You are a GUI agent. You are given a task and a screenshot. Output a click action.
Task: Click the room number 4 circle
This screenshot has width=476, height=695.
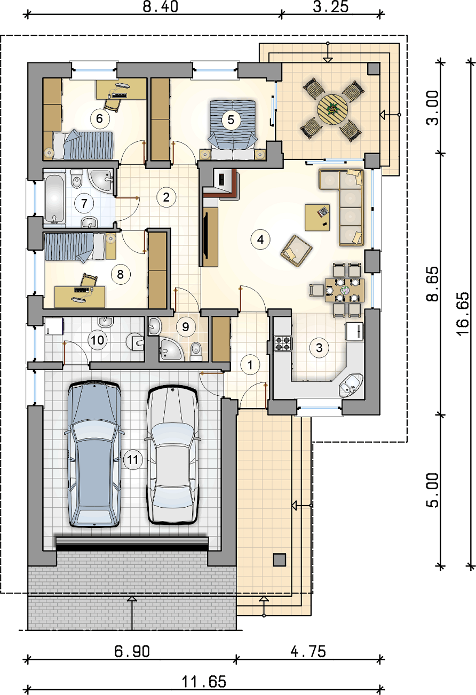click(x=260, y=239)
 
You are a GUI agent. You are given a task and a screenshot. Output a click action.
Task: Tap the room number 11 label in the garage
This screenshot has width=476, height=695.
click(x=132, y=459)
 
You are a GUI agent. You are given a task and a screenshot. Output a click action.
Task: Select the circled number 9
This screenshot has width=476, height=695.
click(x=186, y=327)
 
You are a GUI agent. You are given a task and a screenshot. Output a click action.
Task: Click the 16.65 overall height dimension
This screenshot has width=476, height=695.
click(x=463, y=314)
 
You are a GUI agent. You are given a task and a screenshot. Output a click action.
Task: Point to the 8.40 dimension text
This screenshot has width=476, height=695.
click(x=160, y=7)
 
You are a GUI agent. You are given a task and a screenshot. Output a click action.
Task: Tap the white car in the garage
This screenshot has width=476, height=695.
click(x=172, y=455)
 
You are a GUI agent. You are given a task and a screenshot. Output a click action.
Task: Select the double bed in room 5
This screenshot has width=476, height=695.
click(x=233, y=130)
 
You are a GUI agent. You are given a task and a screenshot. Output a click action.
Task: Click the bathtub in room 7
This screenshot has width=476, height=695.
click(x=54, y=198)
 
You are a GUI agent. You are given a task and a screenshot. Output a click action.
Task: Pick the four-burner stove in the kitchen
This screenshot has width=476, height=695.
click(x=283, y=343)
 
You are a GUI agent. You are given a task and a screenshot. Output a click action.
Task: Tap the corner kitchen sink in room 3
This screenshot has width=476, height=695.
click(x=351, y=385)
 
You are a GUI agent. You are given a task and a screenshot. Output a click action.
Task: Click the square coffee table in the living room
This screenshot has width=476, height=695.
click(x=317, y=218)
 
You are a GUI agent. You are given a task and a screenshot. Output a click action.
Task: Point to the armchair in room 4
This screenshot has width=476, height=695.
click(x=296, y=251)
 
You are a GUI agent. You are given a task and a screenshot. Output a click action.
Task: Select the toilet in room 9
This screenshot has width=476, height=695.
click(x=196, y=352)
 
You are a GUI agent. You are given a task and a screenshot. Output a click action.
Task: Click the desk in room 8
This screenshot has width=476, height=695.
click(x=80, y=297)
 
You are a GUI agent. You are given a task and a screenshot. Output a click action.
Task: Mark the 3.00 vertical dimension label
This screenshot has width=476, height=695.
click(x=433, y=108)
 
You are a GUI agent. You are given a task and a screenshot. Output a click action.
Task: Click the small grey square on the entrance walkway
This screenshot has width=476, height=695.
click(x=279, y=560)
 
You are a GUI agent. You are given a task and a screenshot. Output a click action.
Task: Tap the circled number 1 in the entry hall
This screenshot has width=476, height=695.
click(x=250, y=364)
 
